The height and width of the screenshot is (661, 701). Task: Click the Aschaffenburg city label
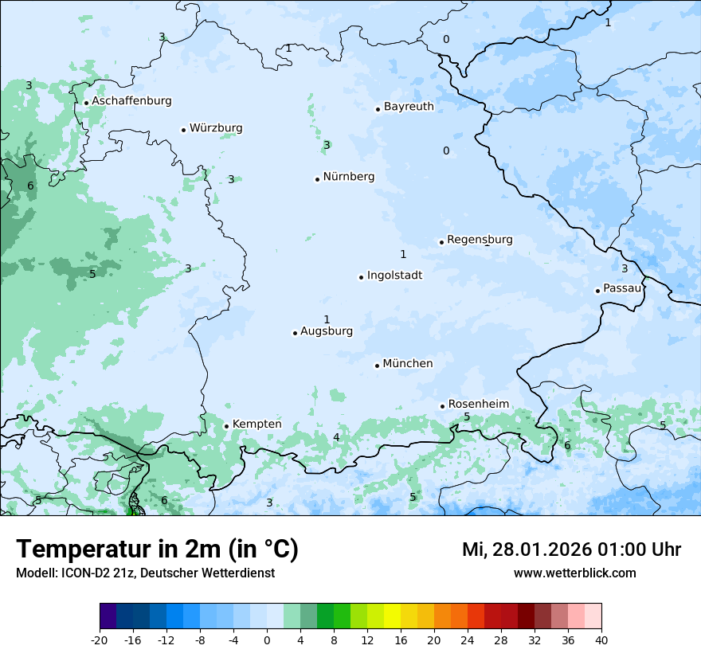(x=131, y=101)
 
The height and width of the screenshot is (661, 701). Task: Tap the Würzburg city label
(x=216, y=128)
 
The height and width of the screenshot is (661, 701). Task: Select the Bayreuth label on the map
(x=409, y=107)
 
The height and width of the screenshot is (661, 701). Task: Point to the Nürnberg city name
(x=348, y=177)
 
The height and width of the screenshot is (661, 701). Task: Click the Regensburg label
(x=480, y=240)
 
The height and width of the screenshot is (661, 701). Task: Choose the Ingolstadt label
(x=394, y=276)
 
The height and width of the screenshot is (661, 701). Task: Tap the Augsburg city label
(x=327, y=331)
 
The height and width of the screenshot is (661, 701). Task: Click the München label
(x=408, y=364)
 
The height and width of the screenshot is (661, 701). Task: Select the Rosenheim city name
(x=478, y=405)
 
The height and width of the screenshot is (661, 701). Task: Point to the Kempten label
(x=257, y=424)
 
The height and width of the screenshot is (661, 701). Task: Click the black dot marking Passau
(x=597, y=291)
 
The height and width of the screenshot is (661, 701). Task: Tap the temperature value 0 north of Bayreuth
(x=446, y=40)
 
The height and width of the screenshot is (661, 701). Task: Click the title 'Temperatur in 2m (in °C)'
(x=157, y=550)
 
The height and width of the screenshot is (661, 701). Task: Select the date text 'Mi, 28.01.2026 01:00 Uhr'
(x=571, y=550)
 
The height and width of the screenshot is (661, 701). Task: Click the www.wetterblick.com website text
(x=574, y=573)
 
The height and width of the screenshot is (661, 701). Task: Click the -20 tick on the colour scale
(x=100, y=639)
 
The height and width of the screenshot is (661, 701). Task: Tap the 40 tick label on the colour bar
(x=601, y=639)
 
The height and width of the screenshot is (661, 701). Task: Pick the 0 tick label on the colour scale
(x=267, y=639)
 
